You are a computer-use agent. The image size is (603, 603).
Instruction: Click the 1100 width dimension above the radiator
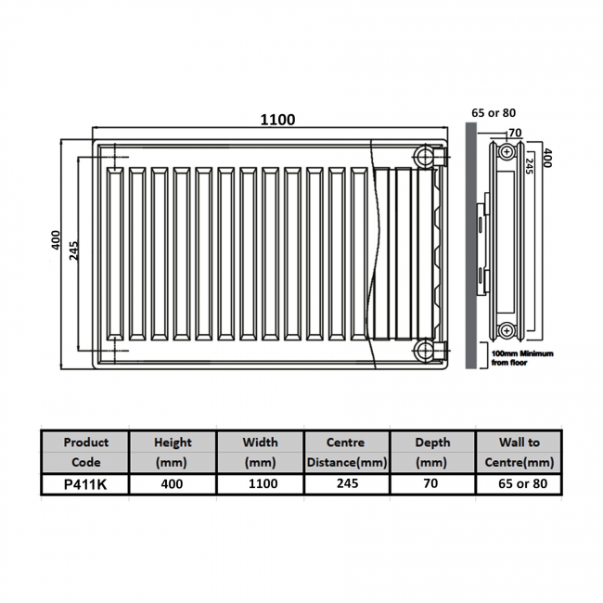point(277,120)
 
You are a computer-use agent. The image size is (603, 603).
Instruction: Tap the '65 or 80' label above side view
point(494,112)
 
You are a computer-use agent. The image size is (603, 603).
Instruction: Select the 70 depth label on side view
point(515,133)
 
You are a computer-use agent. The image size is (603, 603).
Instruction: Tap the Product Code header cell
point(84,452)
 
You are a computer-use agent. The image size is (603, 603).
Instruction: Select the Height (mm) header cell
point(172,452)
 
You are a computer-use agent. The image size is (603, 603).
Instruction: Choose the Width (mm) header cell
point(260,452)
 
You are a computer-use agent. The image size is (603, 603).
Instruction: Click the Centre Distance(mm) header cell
point(346,452)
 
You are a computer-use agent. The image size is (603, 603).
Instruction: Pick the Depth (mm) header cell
point(431,452)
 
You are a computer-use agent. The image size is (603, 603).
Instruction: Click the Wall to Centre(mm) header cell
point(520,452)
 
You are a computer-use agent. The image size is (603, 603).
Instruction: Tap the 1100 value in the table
point(260,483)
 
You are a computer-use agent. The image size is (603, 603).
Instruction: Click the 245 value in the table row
point(346,483)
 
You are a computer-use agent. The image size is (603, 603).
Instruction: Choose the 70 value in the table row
point(431,483)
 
